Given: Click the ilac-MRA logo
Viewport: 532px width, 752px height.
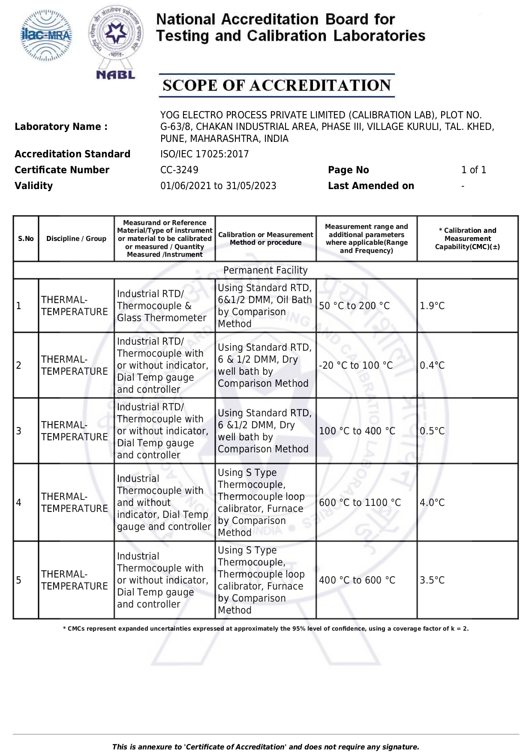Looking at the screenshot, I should click(46, 36).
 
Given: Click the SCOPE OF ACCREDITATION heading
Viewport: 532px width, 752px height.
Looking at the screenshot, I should click(277, 85).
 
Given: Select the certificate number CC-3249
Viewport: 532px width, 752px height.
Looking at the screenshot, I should click(179, 170).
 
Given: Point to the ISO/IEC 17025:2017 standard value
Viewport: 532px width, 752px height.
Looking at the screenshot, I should click(204, 154).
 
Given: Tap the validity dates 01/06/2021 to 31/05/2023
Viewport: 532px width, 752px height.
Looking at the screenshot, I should click(218, 186).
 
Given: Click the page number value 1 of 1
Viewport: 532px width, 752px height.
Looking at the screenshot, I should click(474, 170).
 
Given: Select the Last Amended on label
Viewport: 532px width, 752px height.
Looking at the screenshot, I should click(371, 186).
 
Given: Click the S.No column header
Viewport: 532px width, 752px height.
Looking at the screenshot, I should click(26, 239).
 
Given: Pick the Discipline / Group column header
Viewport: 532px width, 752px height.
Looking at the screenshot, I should click(76, 239).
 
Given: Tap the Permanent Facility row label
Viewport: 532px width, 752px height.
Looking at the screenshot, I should click(265, 270).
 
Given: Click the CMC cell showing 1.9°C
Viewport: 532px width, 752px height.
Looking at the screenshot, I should click(432, 306).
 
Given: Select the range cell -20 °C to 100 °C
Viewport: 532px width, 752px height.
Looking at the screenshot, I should click(356, 365).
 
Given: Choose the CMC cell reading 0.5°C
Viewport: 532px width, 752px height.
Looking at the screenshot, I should click(432, 431).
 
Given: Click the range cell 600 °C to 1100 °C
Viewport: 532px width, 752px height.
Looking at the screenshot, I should click(360, 502).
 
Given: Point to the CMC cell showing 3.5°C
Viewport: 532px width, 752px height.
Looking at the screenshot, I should click(432, 580).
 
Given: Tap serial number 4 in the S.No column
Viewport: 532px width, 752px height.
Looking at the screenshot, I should click(19, 502).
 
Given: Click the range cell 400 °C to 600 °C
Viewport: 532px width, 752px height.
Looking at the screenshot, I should click(357, 580).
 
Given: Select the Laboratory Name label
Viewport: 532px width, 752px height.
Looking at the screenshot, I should click(61, 126).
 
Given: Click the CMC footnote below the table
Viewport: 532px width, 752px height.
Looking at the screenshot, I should click(265, 629).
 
